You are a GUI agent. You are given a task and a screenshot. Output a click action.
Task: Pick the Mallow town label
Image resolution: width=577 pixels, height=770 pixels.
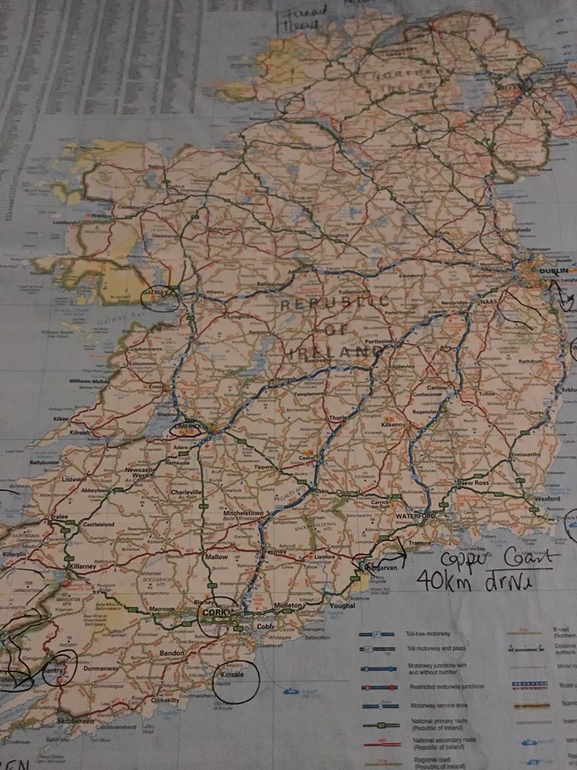tap(215, 558)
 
